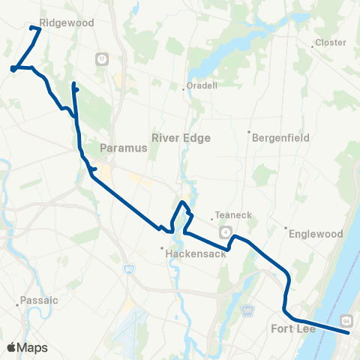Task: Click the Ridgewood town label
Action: tap(67, 23)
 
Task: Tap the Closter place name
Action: tap(331, 43)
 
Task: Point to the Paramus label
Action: tap(123, 148)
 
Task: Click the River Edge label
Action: tap(181, 138)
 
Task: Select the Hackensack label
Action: tap(190, 254)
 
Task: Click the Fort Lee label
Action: tap(294, 328)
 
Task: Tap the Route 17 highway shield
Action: tap(101, 58)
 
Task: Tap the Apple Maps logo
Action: tap(27, 347)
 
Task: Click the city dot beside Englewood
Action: tap(286, 228)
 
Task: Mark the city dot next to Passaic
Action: tap(17, 305)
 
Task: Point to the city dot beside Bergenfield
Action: tap(249, 132)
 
